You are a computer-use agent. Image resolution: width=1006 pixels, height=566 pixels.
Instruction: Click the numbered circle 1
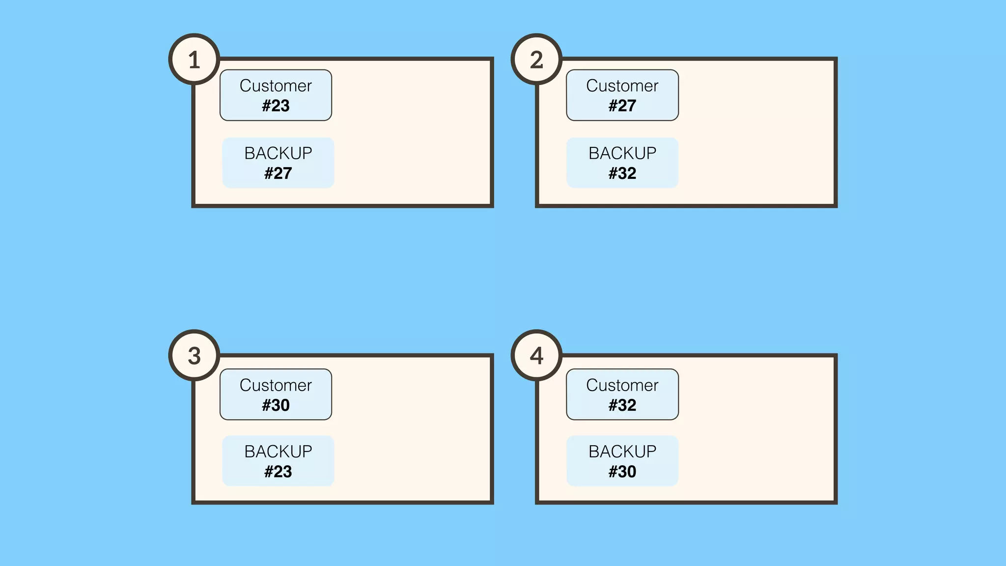point(194,59)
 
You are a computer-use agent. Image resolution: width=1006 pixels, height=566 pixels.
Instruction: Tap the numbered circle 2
point(536,59)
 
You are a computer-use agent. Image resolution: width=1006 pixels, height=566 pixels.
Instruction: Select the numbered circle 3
point(194,355)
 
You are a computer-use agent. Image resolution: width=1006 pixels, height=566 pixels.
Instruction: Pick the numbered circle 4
point(536,355)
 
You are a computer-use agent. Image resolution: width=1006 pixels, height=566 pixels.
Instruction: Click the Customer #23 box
point(276,95)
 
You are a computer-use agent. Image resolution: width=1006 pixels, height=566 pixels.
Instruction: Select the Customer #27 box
point(622,95)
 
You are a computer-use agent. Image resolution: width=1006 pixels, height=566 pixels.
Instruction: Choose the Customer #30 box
point(276,395)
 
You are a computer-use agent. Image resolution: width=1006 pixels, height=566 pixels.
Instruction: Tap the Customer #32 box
point(622,395)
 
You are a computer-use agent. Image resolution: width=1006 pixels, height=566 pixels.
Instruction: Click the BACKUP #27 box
point(278,163)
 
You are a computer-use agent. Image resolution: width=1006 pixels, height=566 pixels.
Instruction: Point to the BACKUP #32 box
point(622,163)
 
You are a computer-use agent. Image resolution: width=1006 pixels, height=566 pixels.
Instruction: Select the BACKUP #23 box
point(278,461)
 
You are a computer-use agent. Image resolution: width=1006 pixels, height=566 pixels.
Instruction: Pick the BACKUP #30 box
point(622,461)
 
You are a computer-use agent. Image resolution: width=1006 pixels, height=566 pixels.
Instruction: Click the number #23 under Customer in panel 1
point(276,106)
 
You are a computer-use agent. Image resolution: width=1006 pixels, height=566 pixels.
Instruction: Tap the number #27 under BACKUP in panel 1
point(278,173)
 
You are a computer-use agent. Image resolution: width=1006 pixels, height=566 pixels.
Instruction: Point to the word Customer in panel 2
point(622,85)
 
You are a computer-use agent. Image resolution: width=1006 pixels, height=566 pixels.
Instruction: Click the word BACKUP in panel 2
point(622,153)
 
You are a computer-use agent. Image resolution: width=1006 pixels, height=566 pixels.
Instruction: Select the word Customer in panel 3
point(276,385)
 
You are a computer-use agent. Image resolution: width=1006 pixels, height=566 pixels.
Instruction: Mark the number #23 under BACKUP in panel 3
point(278,472)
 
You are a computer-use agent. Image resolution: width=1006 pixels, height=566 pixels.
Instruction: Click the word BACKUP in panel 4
point(622,452)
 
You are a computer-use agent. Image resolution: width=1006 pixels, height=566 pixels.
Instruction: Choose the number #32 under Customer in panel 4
point(622,405)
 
